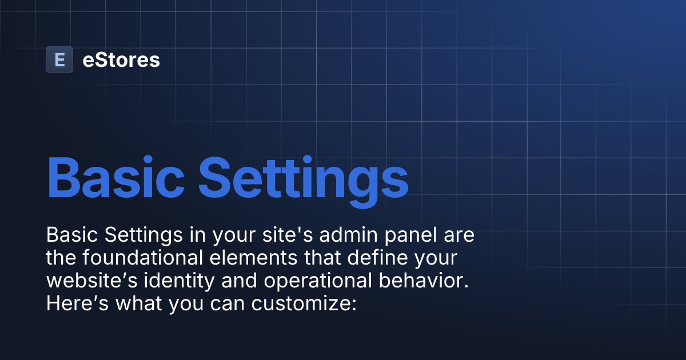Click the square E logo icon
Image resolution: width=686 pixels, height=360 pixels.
coord(59,59)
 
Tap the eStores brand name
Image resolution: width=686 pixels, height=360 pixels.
coord(121,59)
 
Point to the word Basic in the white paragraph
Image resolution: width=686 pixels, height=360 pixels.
coord(66,235)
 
